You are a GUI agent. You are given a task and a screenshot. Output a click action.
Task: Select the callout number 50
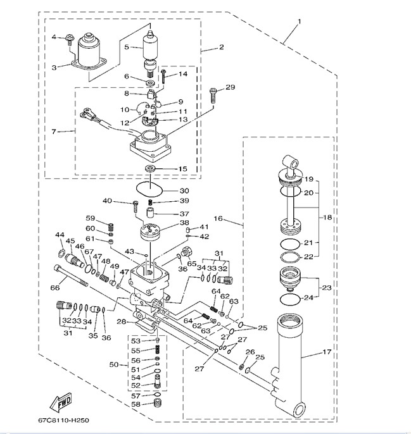pos(114,365)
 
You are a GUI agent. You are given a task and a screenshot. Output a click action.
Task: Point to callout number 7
pos(54,132)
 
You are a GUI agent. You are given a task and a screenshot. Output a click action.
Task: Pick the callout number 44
pos(59,235)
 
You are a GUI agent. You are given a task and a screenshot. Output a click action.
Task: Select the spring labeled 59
pos(108,226)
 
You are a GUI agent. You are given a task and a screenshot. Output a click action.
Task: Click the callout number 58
pos(136,404)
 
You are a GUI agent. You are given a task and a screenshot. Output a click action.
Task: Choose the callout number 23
pos(327,288)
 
